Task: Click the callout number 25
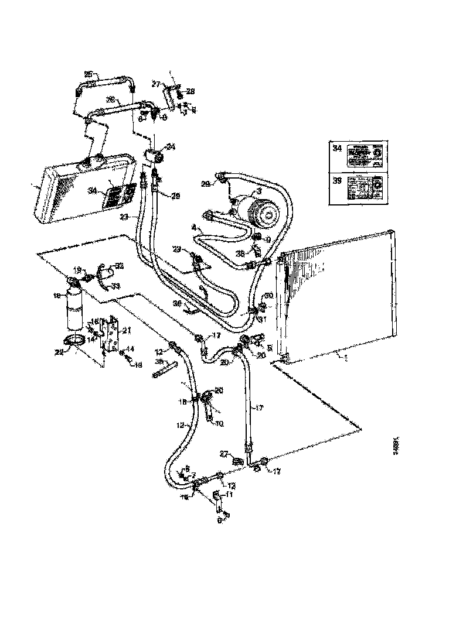pos(88,74)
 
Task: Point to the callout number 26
pos(109,100)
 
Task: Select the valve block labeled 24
pos(154,156)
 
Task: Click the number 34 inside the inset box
pos(336,148)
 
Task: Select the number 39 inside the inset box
pos(336,181)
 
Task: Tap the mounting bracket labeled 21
pos(111,337)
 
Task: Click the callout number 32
pos(120,266)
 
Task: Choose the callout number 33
pos(116,286)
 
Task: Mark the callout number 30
pos(268,295)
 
